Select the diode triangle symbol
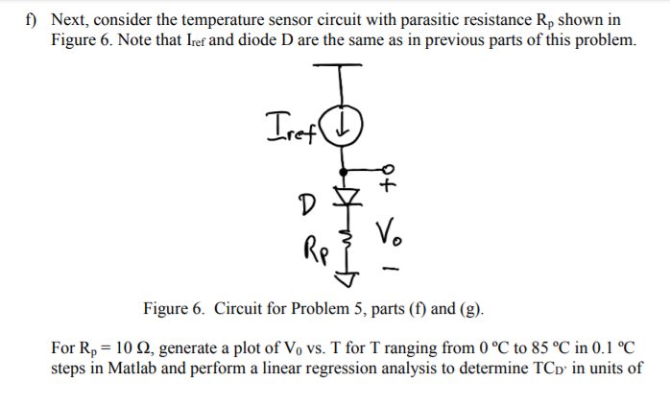tap(349, 200)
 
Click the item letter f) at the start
tap(33, 19)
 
